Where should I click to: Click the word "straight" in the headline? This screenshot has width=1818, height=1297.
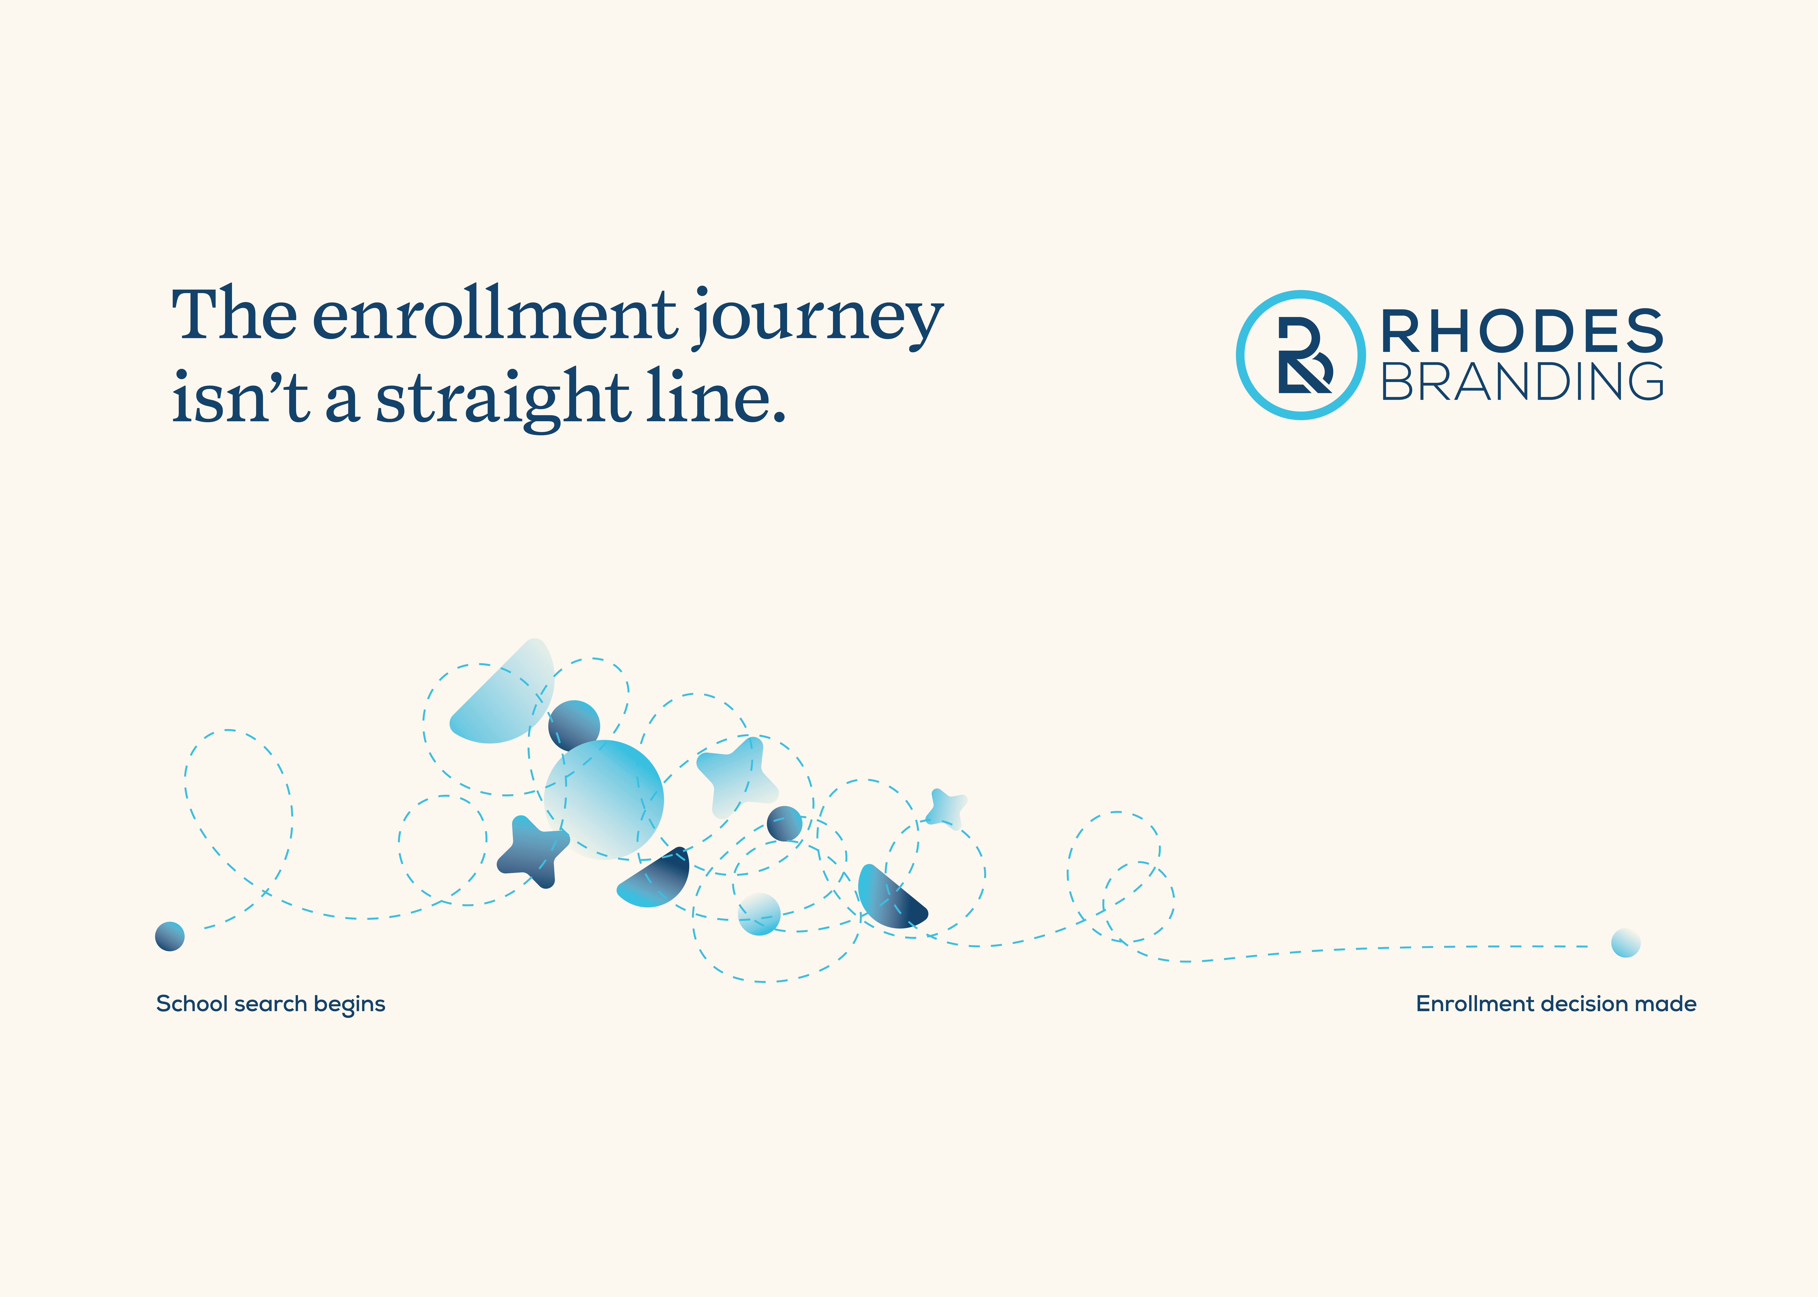[503, 399]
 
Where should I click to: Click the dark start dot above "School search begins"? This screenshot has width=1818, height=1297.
[169, 936]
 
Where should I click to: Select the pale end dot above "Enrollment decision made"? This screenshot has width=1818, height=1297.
[1626, 943]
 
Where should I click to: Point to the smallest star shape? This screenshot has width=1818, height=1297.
[947, 808]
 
